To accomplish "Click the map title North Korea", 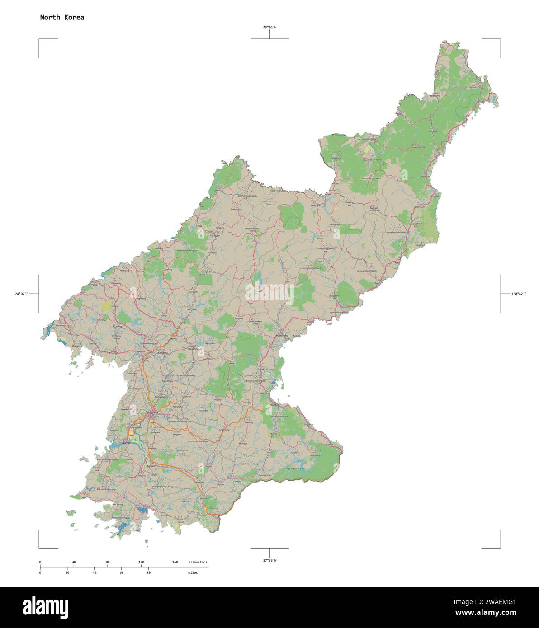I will (x=62, y=18).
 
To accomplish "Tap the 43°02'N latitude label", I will (x=270, y=28).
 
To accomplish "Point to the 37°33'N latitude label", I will (x=270, y=560).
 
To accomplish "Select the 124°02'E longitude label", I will (x=21, y=294).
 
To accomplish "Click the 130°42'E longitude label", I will (x=519, y=294).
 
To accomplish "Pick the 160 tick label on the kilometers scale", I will (x=175, y=562).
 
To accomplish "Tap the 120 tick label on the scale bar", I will (x=141, y=562).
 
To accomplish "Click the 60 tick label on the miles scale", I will (x=122, y=572).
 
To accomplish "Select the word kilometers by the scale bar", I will (x=198, y=562).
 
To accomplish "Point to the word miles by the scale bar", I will (x=193, y=572).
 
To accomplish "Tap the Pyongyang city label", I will (x=152, y=412).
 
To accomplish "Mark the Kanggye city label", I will (x=214, y=235).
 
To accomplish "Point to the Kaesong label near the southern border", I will (x=213, y=508).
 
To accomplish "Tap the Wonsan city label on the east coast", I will (x=275, y=405).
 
